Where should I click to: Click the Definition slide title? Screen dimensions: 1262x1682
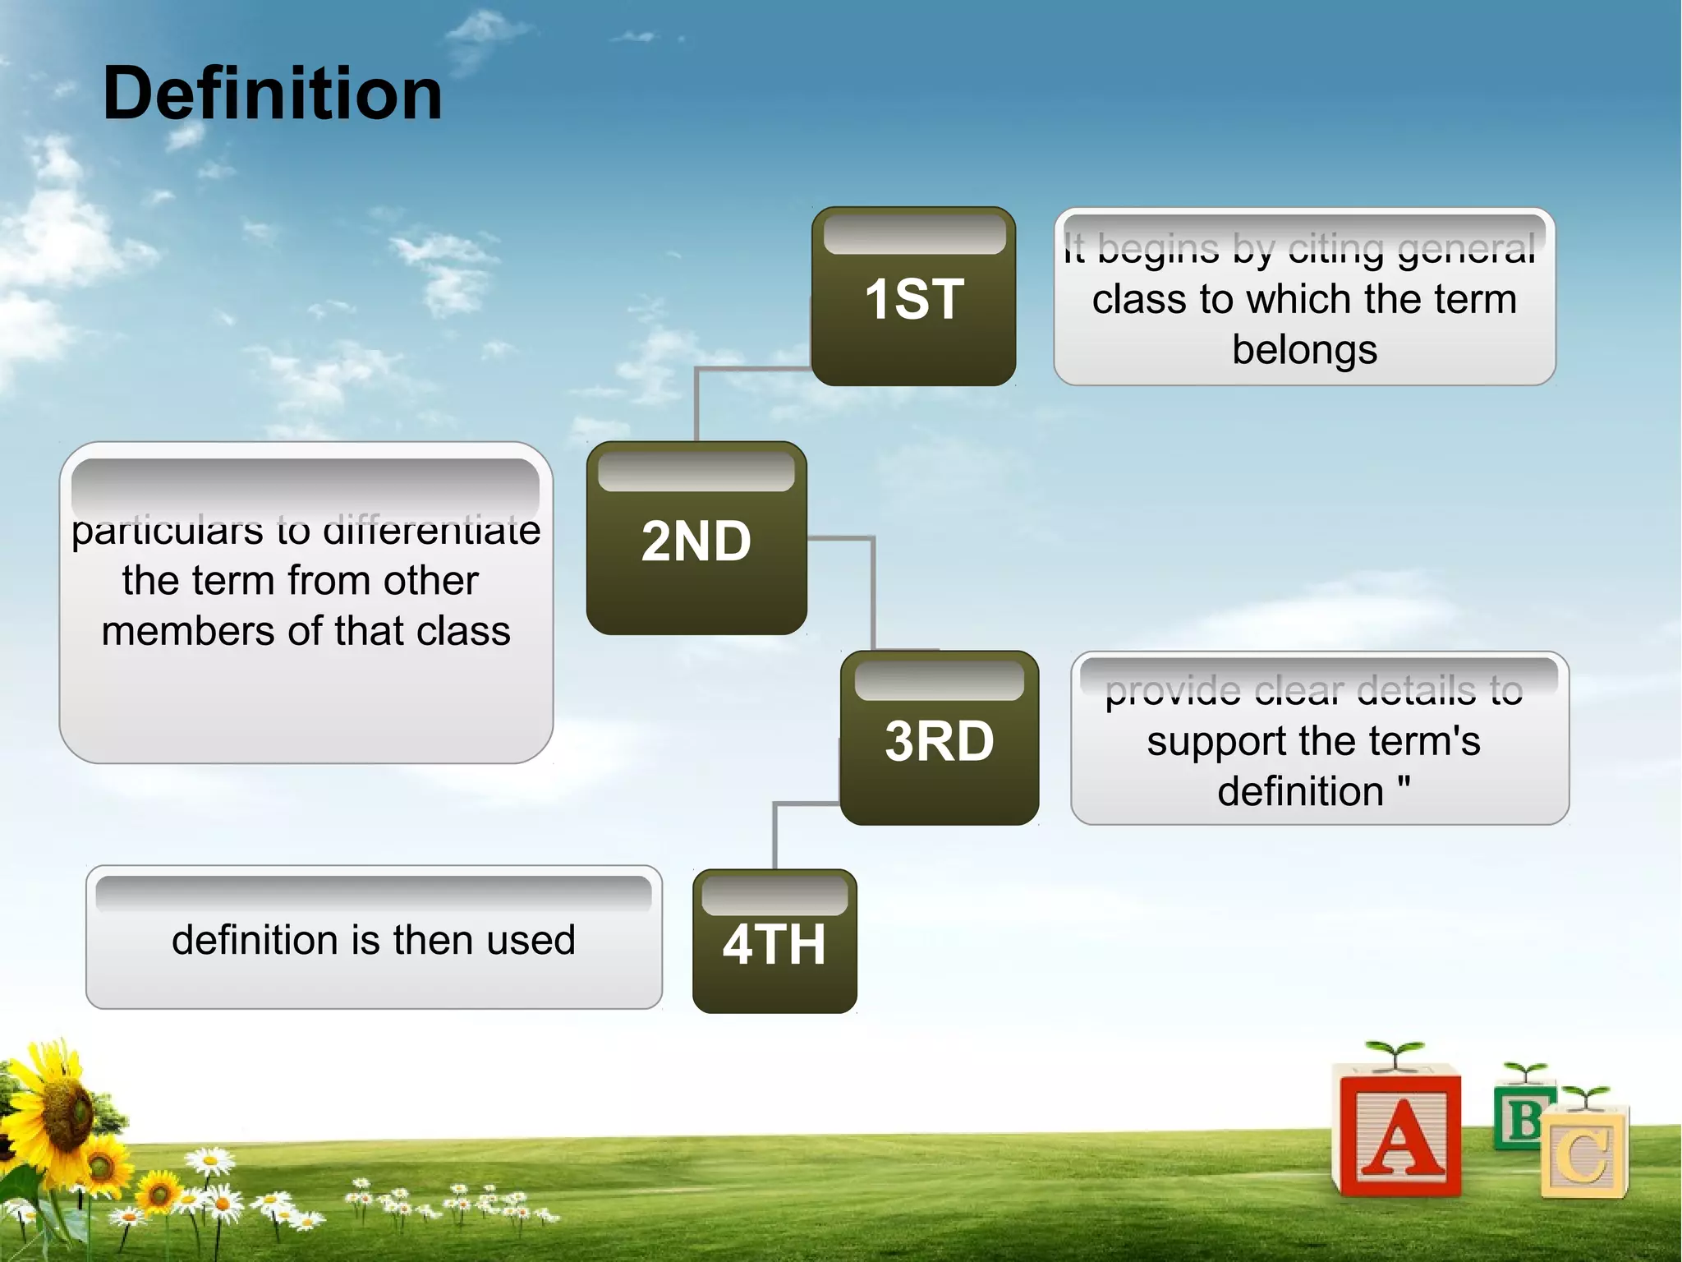click(x=272, y=94)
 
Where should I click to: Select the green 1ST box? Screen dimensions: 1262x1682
click(x=913, y=297)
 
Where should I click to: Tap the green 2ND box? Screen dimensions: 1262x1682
click(x=696, y=540)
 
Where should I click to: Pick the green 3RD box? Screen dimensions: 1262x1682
click(x=939, y=739)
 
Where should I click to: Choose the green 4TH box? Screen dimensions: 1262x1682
click(x=774, y=943)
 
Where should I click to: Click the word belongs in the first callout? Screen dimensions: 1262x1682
click(x=1304, y=350)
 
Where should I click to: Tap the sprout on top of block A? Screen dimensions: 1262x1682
click(x=1394, y=1052)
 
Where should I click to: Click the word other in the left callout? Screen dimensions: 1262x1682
click(x=430, y=581)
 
